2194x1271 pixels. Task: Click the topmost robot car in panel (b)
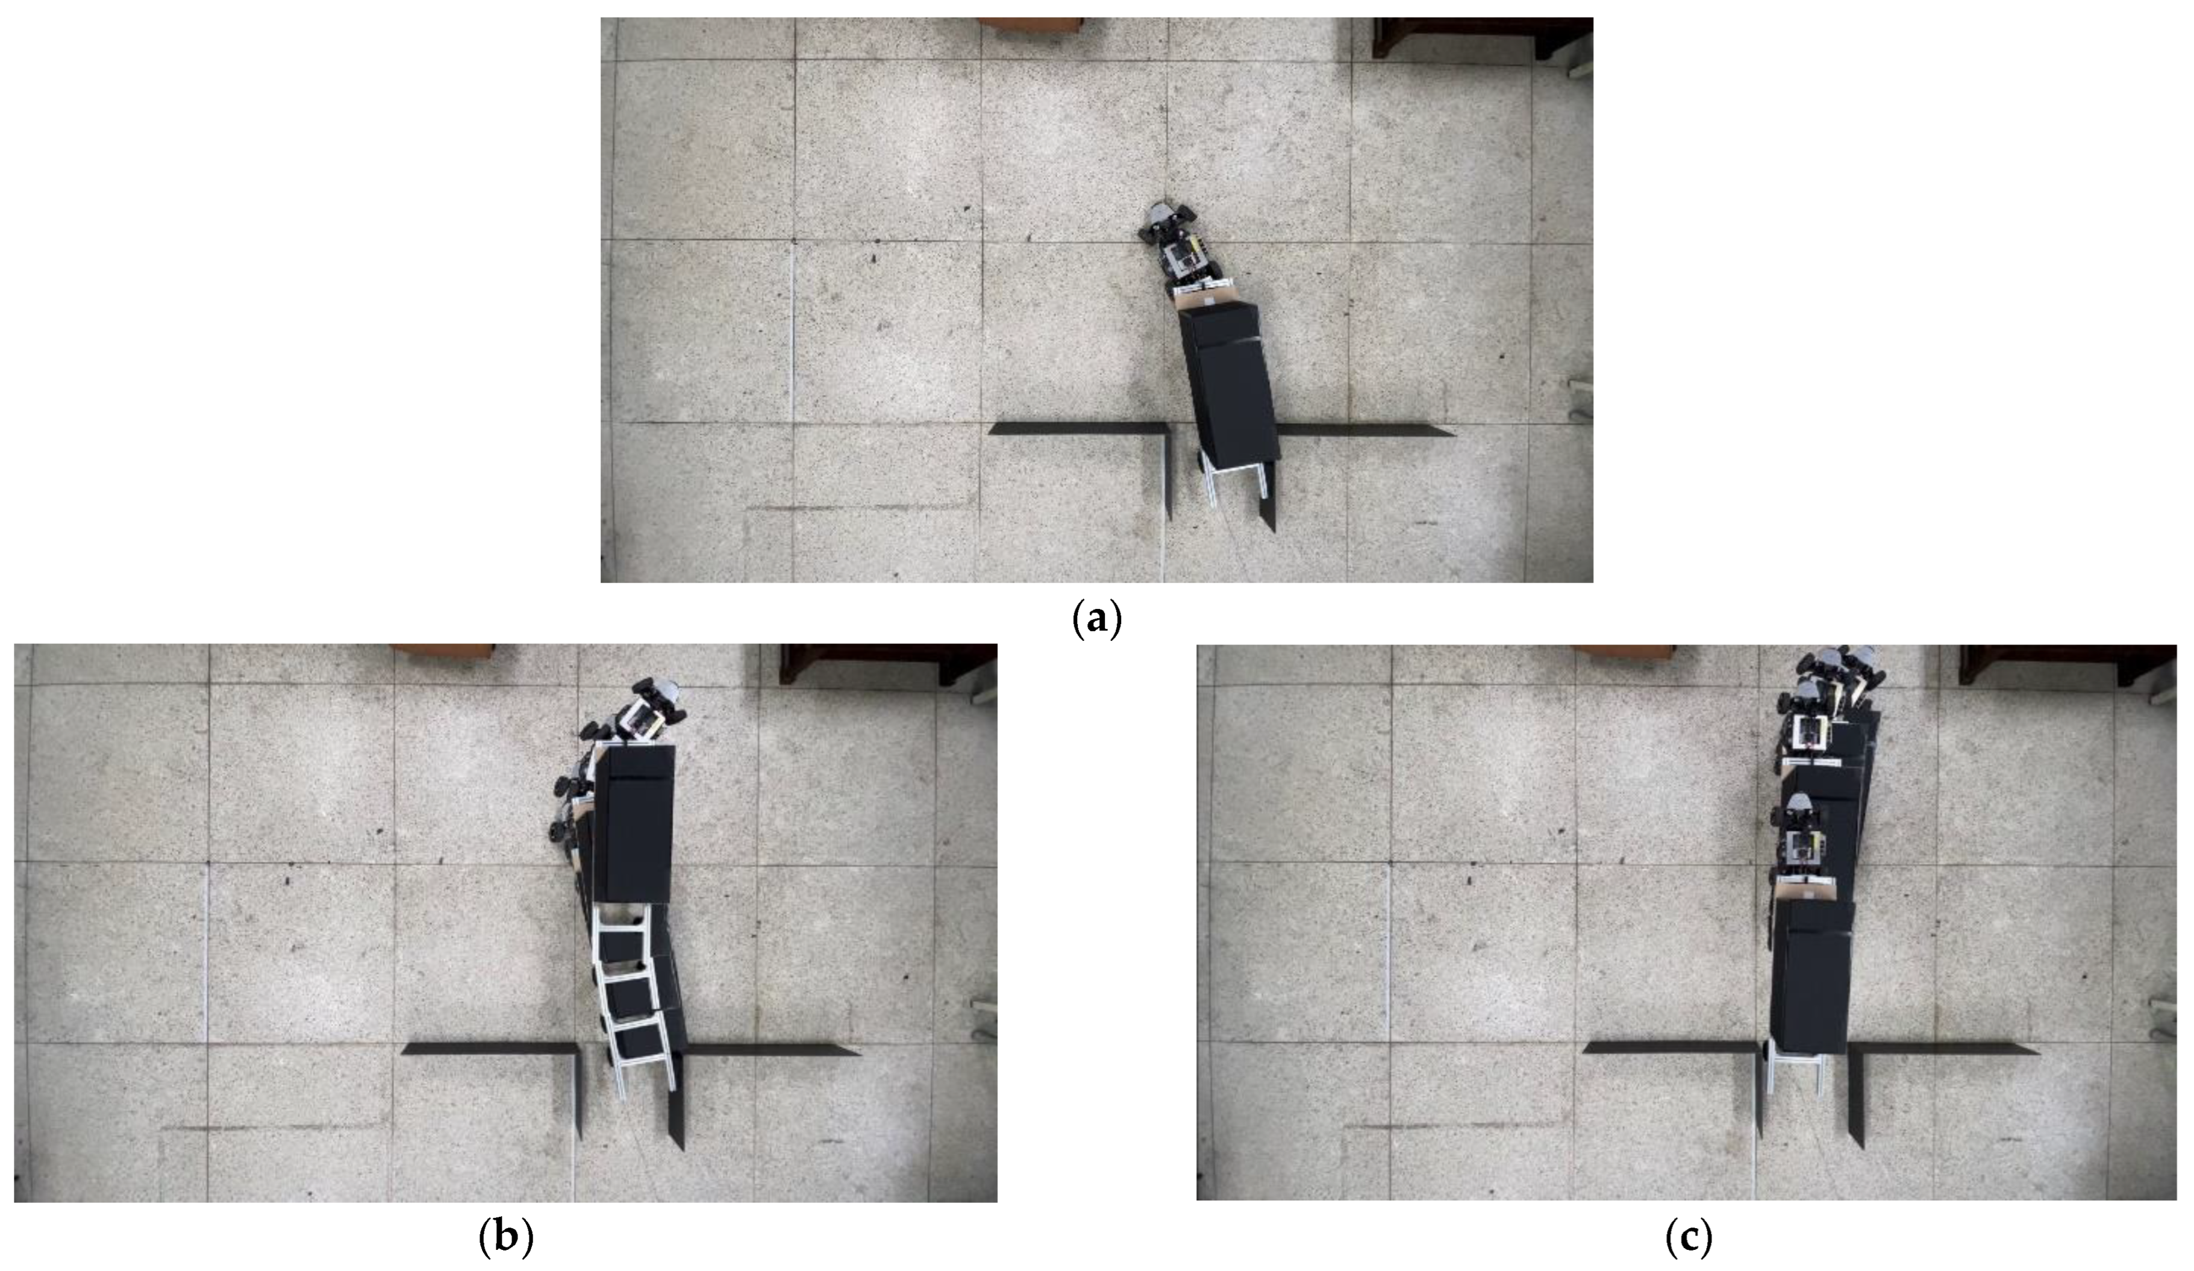[651, 712]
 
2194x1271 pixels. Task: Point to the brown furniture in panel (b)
[442, 652]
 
